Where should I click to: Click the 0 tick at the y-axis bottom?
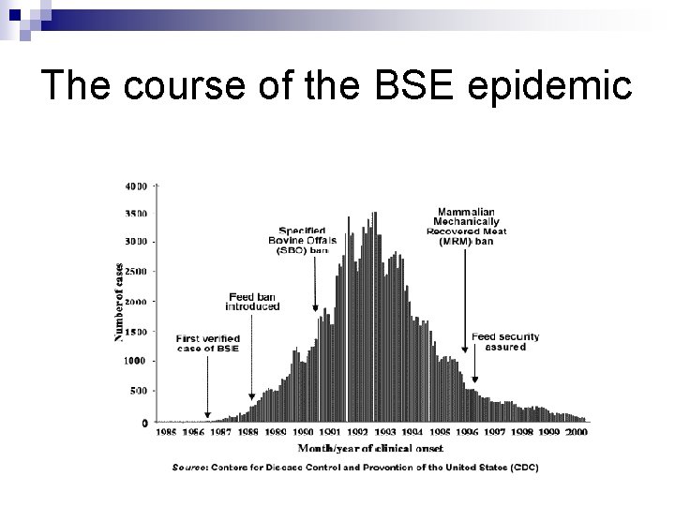pos(143,424)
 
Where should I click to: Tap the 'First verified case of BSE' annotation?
pos(207,343)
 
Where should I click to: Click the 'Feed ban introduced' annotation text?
pos(252,302)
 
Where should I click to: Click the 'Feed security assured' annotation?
pos(498,341)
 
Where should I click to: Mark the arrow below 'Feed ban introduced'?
pos(251,356)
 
